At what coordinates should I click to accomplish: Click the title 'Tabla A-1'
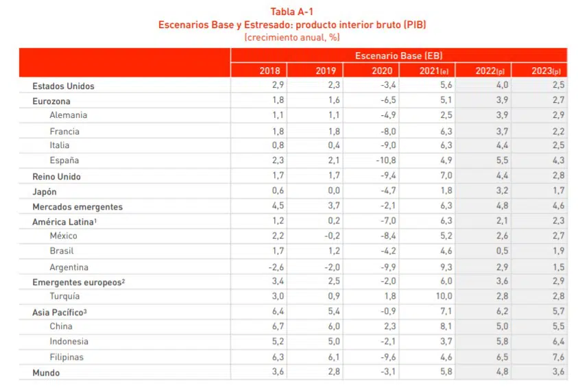[292, 11]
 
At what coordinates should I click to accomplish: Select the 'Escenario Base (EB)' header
[399, 56]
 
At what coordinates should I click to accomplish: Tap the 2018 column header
[269, 71]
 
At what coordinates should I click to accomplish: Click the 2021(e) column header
[435, 71]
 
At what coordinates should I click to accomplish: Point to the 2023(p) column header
[546, 71]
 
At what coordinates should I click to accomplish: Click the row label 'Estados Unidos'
[64, 86]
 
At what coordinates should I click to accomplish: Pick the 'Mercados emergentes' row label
[77, 206]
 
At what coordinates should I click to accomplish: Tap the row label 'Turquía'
[64, 296]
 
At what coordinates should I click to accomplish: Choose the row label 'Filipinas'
[67, 357]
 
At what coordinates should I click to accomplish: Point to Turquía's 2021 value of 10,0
[443, 296]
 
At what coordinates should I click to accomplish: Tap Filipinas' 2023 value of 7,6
[557, 357]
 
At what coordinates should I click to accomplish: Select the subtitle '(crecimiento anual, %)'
[292, 36]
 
